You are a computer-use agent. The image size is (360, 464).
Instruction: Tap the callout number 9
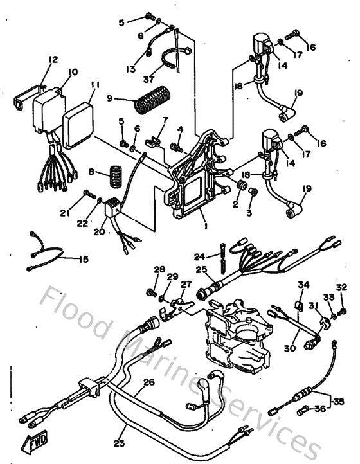pos(110,98)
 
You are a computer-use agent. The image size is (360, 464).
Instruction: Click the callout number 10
pos(73,73)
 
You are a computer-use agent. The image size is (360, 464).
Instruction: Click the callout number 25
pos(201,271)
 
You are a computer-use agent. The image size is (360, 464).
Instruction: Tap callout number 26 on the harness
pos(148,382)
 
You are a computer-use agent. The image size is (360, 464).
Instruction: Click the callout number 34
pos(303,284)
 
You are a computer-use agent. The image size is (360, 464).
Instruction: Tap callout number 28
pos(159,269)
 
